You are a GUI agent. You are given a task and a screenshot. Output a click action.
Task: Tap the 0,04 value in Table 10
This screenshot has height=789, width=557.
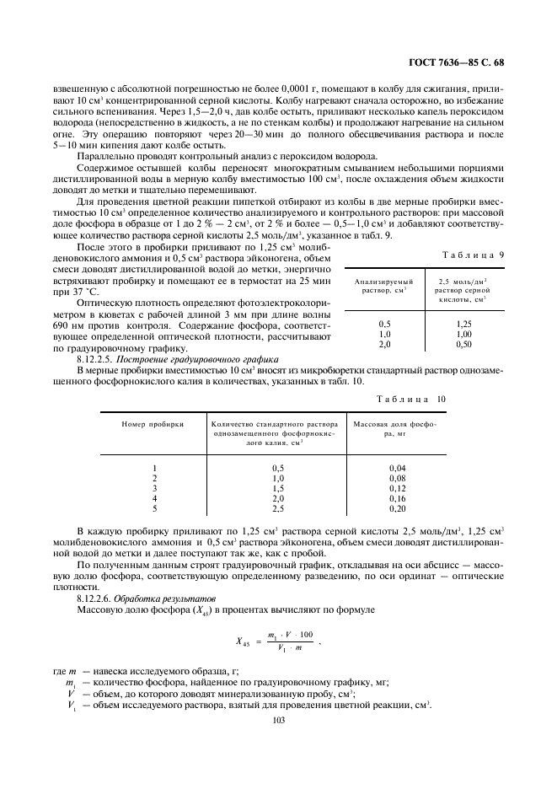397,467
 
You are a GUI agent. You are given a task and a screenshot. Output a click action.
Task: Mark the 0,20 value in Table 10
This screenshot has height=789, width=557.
397,508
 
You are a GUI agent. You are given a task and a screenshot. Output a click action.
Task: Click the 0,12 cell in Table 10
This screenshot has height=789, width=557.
397,488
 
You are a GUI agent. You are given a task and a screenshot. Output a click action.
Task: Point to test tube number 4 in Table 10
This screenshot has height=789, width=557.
154,498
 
